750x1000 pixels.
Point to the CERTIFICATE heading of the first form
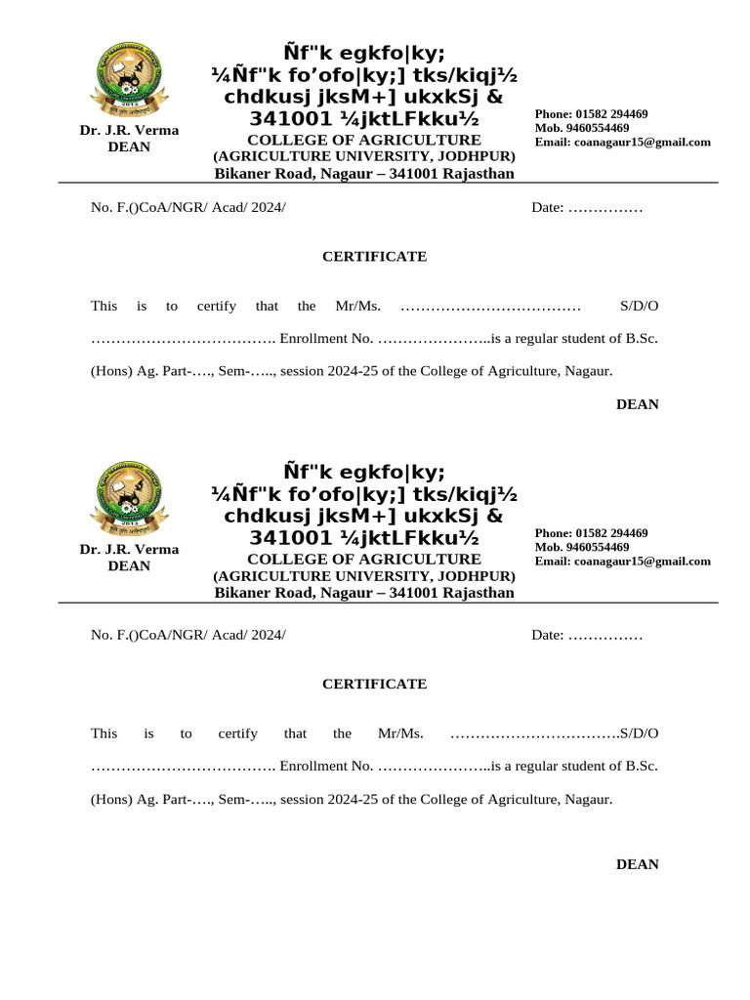[x=375, y=257]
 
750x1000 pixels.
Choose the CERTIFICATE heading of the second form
[x=375, y=684]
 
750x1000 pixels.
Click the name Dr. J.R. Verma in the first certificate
[x=129, y=130]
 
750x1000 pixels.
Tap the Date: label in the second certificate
[x=547, y=635]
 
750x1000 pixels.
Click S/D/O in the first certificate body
[x=640, y=306]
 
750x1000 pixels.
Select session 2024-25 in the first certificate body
[x=320, y=371]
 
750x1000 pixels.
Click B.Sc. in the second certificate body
[x=642, y=766]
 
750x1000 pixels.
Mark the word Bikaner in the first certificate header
[x=241, y=174]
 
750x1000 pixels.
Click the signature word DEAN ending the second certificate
[x=638, y=864]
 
